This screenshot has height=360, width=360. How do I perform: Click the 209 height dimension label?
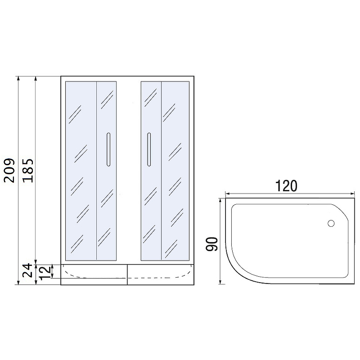[9, 170]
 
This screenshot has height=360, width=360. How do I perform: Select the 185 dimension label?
[28, 171]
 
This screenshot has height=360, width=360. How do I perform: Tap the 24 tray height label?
[27, 270]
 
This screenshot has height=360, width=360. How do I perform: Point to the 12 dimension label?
[45, 273]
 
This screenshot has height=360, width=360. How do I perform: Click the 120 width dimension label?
[286, 186]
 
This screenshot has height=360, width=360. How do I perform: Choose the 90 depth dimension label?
[211, 244]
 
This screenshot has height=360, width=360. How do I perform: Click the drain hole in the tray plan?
[331, 223]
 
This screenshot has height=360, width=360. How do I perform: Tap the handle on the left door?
[108, 149]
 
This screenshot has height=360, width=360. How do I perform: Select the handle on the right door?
[149, 149]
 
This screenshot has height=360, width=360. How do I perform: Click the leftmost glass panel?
[81, 171]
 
